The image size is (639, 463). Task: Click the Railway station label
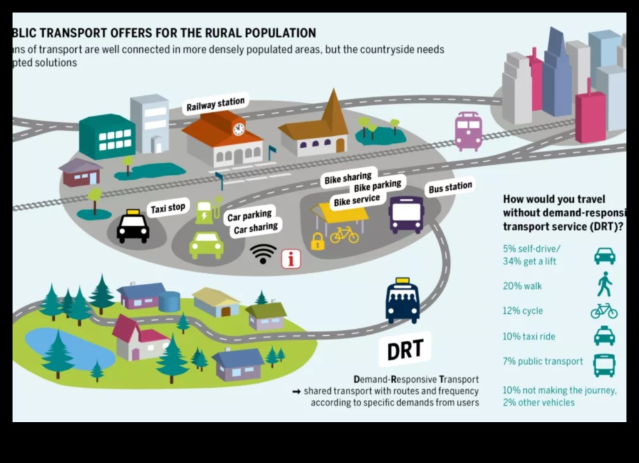click(x=216, y=104)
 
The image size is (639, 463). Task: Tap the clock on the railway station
click(x=239, y=129)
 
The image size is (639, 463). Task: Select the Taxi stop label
click(x=168, y=209)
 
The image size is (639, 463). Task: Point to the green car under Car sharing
click(x=206, y=244)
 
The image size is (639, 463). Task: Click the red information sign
click(x=291, y=258)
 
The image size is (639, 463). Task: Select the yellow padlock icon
click(x=318, y=241)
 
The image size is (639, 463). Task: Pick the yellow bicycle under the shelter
click(x=344, y=235)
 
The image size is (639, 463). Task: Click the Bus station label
click(x=450, y=187)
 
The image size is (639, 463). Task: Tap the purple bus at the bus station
click(x=406, y=215)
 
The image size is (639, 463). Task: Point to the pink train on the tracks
click(x=468, y=131)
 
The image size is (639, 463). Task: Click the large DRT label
click(x=405, y=350)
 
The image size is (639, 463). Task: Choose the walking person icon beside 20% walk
click(x=604, y=285)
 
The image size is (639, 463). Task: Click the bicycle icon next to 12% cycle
click(x=604, y=311)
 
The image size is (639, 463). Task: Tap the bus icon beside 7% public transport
click(x=604, y=365)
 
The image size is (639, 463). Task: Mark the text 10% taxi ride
click(x=528, y=336)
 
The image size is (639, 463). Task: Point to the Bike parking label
click(x=378, y=187)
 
